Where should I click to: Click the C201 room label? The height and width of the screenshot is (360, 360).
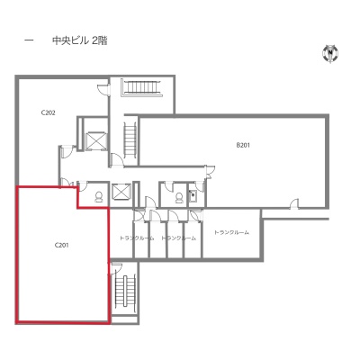pos(62,245)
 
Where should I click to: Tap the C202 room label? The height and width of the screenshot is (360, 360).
pos(48,113)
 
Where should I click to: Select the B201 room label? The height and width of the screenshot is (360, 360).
pos(243,146)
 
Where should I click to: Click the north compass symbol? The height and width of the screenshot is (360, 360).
pos(330,53)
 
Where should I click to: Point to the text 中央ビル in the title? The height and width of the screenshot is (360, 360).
pos(70,40)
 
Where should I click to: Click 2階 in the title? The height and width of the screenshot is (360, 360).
pos(99,40)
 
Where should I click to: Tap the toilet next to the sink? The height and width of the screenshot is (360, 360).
pos(179,197)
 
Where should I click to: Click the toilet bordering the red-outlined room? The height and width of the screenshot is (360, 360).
pos(98,197)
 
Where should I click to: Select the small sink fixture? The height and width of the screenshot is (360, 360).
pos(193,196)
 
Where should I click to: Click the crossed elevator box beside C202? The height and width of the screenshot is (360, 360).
pos(96,140)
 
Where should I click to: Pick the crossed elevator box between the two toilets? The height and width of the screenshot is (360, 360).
pos(121,191)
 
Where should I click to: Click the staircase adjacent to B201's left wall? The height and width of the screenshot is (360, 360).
pos(130,140)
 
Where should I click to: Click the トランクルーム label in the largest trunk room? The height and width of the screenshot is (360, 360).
pos(231,232)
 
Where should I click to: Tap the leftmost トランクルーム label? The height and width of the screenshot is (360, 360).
pos(137,238)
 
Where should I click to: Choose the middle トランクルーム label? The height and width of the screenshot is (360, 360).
pos(179,238)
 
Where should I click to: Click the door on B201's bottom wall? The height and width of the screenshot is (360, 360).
pos(294,203)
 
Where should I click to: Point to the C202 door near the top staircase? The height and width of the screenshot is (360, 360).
pos(103,90)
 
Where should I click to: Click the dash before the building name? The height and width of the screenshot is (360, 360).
pos(29,40)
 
